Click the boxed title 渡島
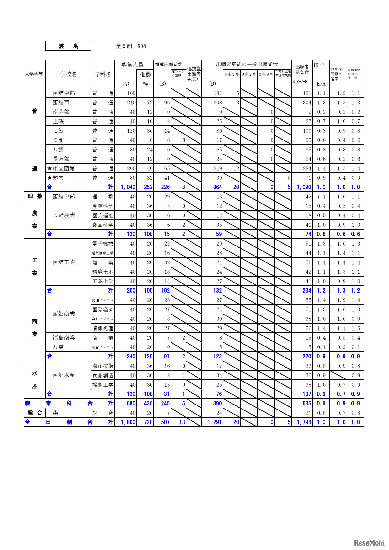[68, 46]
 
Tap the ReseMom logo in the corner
[369, 542]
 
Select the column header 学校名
[68, 74]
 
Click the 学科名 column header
[103, 74]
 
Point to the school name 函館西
[61, 103]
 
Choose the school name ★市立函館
[61, 168]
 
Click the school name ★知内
[56, 178]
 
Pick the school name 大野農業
[64, 215]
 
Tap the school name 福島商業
[64, 338]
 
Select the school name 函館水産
[64, 375]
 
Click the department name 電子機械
[103, 244]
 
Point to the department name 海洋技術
[103, 366]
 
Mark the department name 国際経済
[103, 309]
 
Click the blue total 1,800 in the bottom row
[128, 422]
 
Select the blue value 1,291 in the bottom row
[215, 422]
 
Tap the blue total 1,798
[304, 422]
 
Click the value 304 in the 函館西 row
[307, 103]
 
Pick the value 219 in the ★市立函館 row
[218, 168]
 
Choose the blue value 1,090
[304, 187]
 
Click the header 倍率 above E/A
[319, 65]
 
